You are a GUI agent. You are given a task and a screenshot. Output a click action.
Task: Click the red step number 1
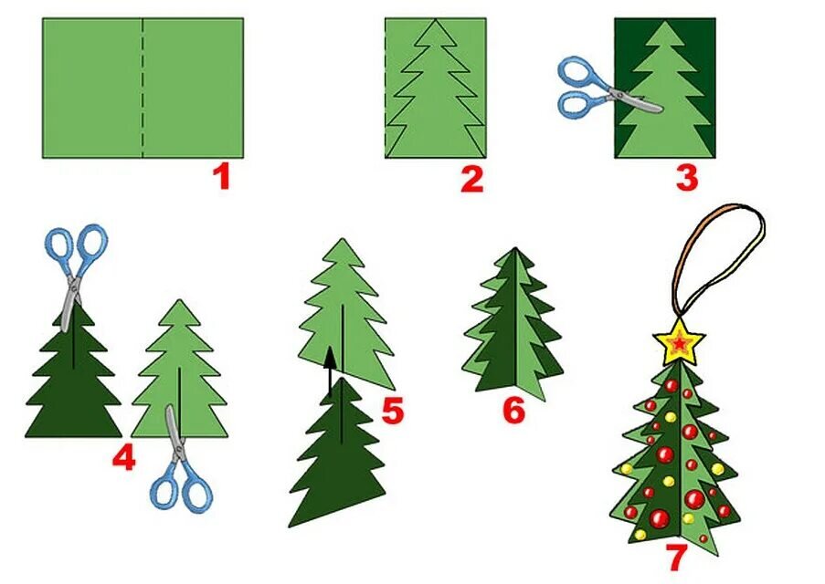(x=222, y=177)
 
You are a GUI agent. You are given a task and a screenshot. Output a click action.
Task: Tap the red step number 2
(x=472, y=179)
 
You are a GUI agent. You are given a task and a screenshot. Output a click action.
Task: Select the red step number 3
(x=687, y=178)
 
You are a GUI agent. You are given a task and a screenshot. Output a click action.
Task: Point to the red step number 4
(x=124, y=457)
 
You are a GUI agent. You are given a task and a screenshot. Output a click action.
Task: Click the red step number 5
(x=393, y=411)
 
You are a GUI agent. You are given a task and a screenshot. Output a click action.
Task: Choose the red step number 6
(x=514, y=410)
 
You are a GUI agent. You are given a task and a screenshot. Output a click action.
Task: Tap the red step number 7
(x=677, y=558)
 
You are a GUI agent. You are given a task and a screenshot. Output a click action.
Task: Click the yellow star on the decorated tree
(x=679, y=343)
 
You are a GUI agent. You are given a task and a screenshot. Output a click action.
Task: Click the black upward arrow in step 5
(x=330, y=370)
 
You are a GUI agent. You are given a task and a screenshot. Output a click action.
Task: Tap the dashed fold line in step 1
(x=142, y=88)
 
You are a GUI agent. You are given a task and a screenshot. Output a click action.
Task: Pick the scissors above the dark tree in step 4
(x=75, y=274)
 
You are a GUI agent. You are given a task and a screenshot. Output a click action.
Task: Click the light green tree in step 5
(x=344, y=316)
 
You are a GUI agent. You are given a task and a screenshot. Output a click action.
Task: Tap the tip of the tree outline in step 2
(x=436, y=19)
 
